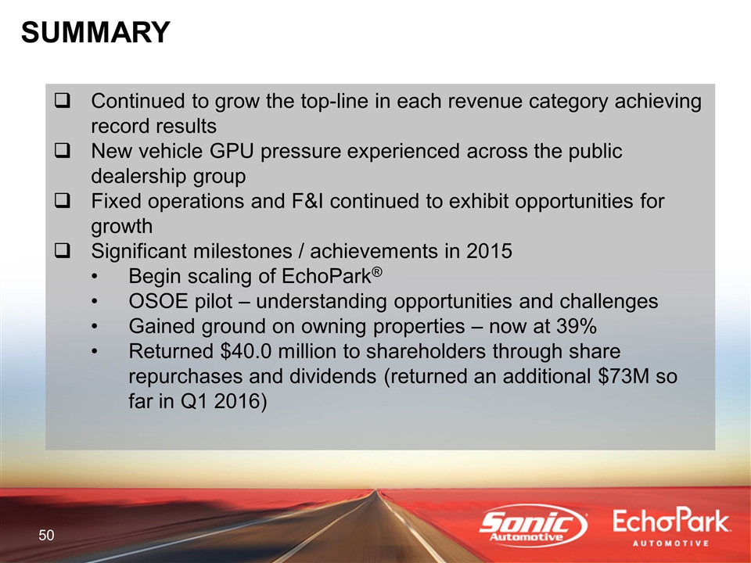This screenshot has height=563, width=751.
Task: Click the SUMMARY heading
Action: (95, 33)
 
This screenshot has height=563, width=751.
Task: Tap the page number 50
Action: (46, 535)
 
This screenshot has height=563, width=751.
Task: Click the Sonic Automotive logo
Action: (533, 525)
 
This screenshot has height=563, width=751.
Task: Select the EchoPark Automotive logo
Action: (671, 527)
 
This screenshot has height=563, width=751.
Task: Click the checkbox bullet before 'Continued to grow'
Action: (63, 101)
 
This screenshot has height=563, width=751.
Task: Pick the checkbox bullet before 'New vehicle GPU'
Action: (63, 151)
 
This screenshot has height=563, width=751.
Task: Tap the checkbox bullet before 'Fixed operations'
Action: (63, 201)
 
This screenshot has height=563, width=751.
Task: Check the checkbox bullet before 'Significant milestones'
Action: (63, 251)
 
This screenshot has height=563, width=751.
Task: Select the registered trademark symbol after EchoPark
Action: (377, 272)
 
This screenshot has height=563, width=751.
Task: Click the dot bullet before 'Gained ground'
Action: (95, 327)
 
